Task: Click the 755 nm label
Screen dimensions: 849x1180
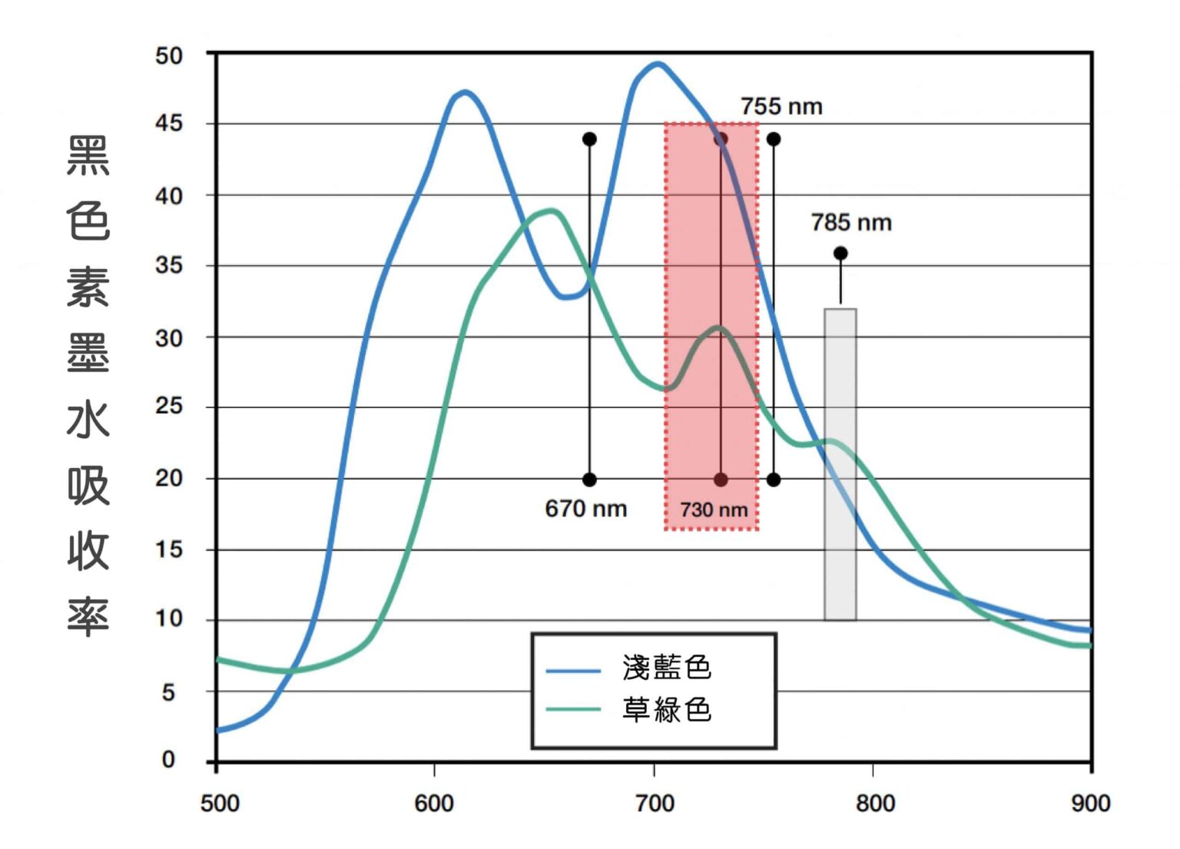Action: point(781,106)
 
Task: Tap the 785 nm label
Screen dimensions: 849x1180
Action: point(850,223)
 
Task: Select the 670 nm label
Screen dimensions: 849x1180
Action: point(585,509)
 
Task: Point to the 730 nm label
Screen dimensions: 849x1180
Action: point(713,509)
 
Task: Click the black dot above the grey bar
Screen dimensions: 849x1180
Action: point(840,254)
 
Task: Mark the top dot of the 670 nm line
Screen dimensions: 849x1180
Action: point(589,139)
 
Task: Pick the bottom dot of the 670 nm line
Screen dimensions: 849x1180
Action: point(589,480)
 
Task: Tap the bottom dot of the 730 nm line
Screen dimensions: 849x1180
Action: point(721,480)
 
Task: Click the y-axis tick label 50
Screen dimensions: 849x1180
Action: point(169,55)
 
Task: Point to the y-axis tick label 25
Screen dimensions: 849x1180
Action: point(169,406)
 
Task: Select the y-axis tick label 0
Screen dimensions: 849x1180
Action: point(169,760)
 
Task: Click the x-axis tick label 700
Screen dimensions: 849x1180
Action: point(655,804)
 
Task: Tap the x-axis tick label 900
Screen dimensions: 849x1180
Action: point(1090,804)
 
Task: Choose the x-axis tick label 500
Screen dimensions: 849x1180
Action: point(220,804)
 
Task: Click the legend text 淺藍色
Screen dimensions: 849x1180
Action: point(667,667)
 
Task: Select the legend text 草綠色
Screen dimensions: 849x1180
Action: point(667,709)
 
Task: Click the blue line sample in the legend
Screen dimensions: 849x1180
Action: point(573,672)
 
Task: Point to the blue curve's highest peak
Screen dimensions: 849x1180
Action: point(658,64)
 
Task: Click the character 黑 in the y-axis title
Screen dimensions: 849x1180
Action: point(88,155)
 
